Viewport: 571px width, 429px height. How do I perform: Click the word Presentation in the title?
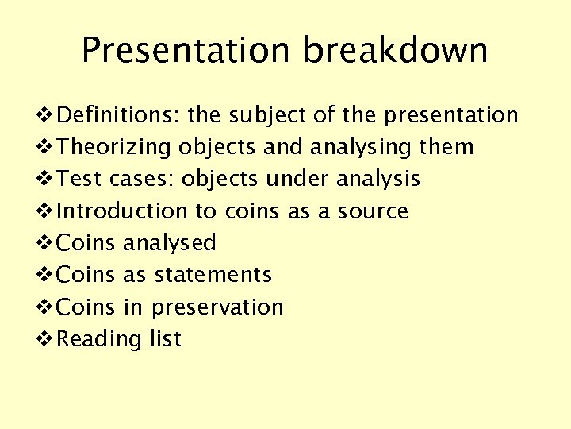point(186,51)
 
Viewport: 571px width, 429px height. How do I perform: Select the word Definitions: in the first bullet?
point(119,115)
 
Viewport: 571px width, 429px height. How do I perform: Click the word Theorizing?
point(115,148)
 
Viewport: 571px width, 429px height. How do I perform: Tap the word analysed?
point(170,243)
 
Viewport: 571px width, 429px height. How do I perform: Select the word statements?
point(213,275)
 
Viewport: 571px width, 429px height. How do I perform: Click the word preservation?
point(217,307)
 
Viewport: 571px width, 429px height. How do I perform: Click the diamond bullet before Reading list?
point(46,339)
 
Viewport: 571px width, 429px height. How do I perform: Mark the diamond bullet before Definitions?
point(46,116)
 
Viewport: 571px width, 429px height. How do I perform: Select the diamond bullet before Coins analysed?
point(46,243)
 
